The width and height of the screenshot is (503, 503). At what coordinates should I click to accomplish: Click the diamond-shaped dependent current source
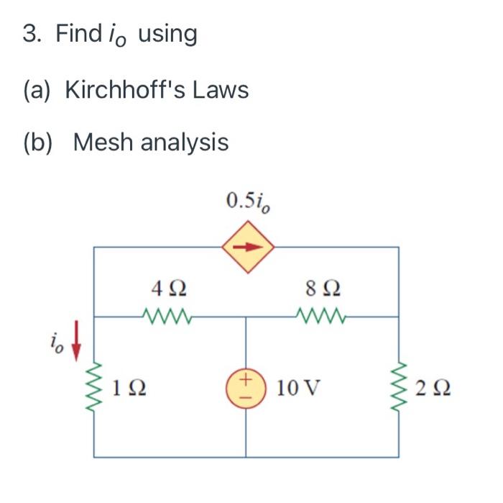[246, 248]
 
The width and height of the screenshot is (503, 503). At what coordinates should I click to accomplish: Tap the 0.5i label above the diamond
[248, 201]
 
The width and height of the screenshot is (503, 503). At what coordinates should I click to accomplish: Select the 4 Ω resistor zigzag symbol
[166, 315]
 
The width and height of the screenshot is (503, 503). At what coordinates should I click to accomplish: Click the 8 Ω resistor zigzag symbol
[318, 315]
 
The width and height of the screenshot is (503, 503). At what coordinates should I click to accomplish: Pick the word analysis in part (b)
[184, 142]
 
